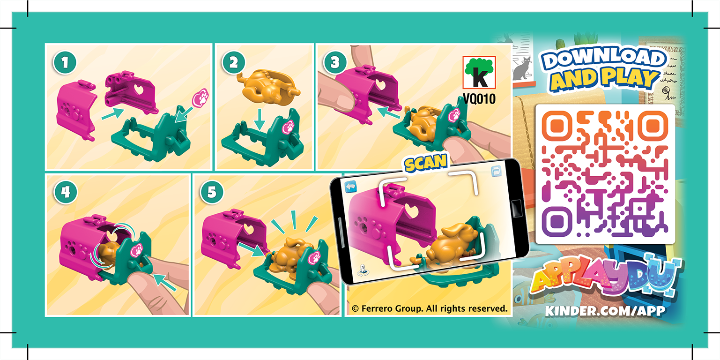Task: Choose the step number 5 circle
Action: [x=209, y=192]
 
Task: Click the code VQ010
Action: [x=479, y=99]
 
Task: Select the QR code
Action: [x=605, y=174]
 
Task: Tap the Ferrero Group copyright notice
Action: [x=430, y=308]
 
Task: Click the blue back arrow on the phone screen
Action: [x=351, y=186]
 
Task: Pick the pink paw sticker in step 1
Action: [x=200, y=98]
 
